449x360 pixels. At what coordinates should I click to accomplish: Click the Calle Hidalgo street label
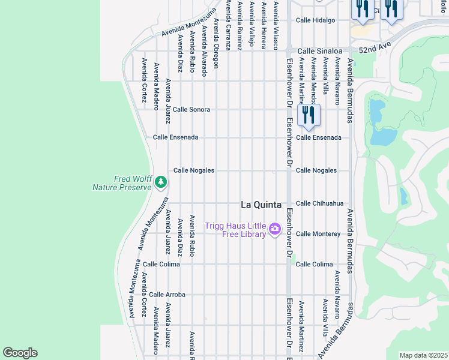[x=315, y=20]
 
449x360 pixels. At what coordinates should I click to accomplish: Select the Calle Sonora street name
[x=191, y=110]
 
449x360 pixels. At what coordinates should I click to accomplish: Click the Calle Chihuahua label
[x=319, y=203]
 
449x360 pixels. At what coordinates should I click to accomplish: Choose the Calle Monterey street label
[x=318, y=233]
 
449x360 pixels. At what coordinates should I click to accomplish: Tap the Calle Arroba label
[x=167, y=295]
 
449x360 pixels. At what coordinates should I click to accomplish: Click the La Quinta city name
[x=261, y=205]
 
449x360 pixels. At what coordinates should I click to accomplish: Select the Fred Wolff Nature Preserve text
[x=121, y=183]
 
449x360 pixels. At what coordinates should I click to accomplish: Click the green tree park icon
[x=160, y=181]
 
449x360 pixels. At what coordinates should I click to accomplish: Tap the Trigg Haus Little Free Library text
[x=235, y=230]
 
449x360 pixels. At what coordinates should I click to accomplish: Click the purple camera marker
[x=275, y=229]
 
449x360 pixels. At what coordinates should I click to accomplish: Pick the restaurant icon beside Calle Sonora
[x=309, y=113]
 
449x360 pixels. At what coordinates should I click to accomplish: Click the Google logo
[x=20, y=353]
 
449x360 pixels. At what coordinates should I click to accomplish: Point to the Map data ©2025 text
[x=423, y=355]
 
